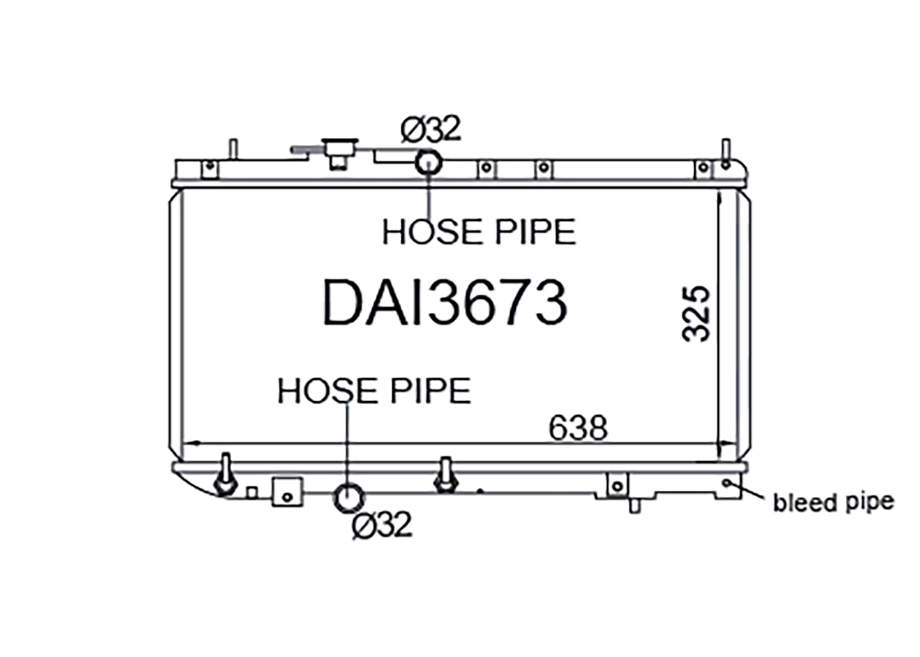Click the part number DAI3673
[445, 302]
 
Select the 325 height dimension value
[696, 314]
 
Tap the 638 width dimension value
[578, 428]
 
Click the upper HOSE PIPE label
[479, 232]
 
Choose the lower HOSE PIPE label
[374, 390]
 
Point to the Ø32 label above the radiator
[431, 129]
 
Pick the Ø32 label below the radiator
[381, 524]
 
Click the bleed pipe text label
[834, 503]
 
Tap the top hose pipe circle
[428, 163]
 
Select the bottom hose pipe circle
[349, 498]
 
